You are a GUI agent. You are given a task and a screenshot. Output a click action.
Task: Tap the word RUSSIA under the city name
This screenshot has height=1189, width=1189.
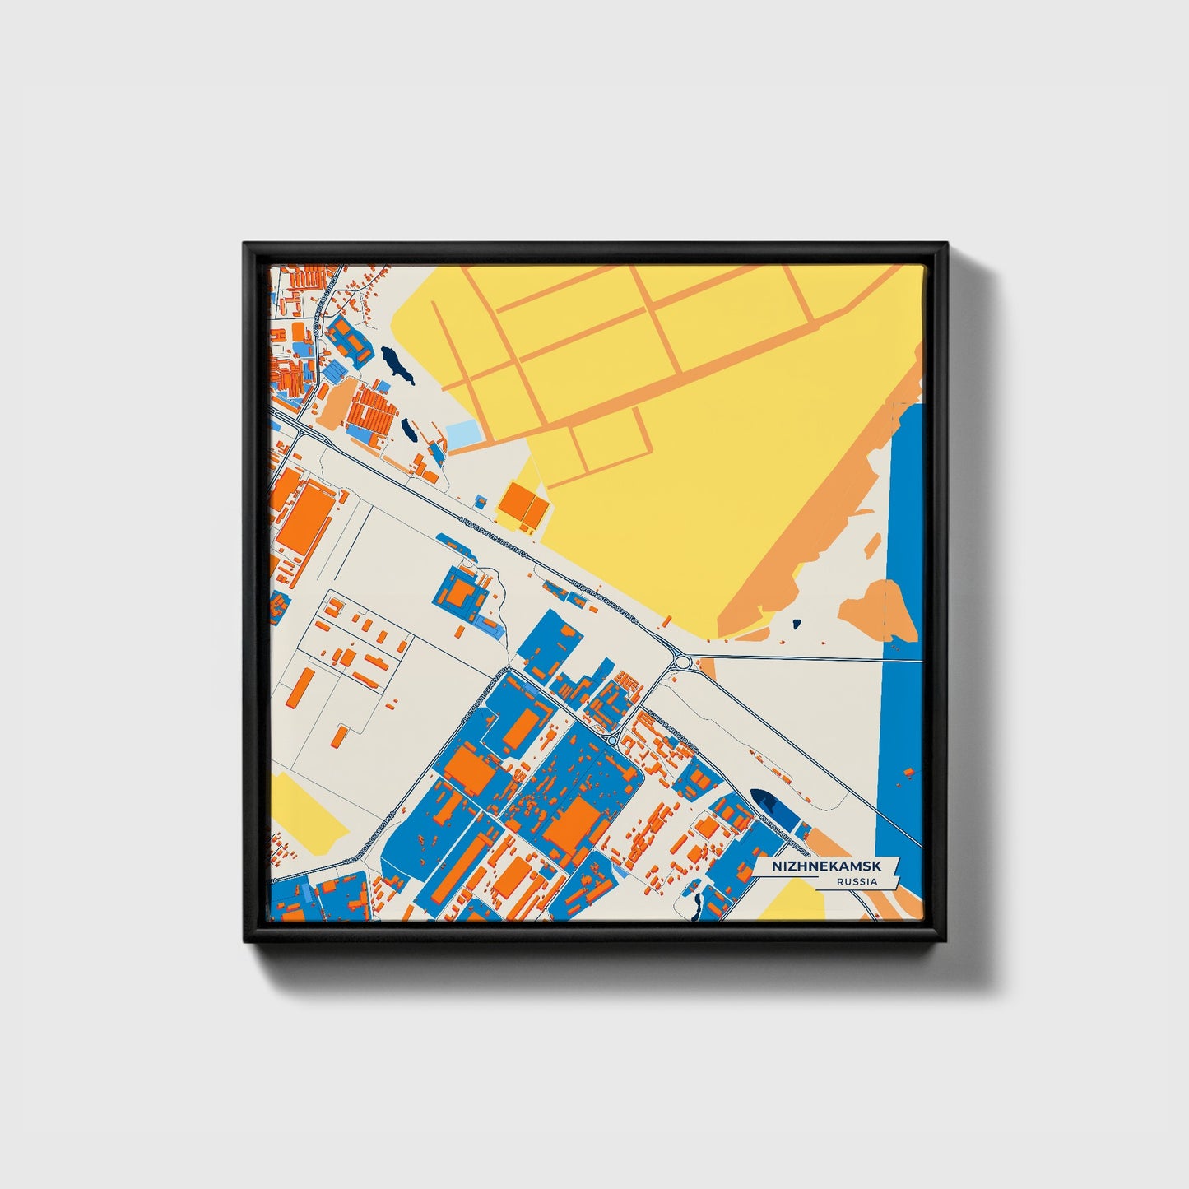856,881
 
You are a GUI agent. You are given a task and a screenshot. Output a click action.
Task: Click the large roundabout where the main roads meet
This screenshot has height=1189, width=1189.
682,661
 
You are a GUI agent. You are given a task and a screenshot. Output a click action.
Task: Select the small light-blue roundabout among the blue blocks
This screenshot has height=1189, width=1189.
612,740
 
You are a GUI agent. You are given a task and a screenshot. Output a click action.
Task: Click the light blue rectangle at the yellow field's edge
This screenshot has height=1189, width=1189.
462,434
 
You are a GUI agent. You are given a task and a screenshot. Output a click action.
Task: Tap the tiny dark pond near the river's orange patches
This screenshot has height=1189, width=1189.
796,624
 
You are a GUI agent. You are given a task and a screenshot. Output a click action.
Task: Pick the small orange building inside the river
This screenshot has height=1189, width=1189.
908,773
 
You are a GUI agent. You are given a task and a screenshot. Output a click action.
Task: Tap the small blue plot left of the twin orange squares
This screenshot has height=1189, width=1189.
480,500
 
